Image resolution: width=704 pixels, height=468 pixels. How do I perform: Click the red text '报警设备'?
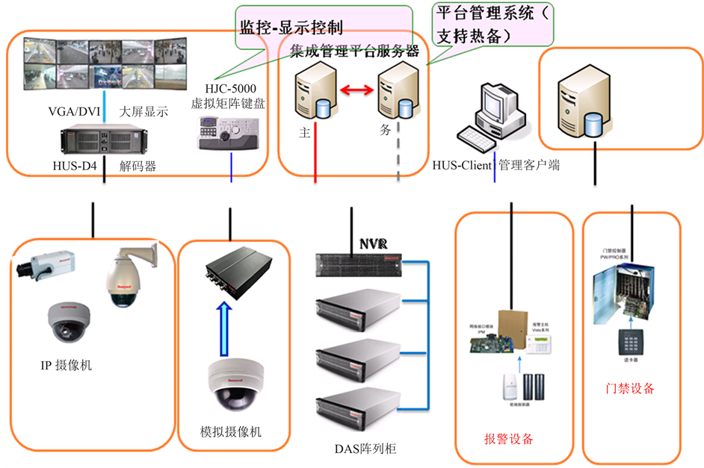coord(509,439)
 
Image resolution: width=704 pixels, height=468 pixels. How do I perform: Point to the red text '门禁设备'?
coord(630,388)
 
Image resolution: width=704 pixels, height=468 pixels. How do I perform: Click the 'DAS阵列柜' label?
coord(365,449)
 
